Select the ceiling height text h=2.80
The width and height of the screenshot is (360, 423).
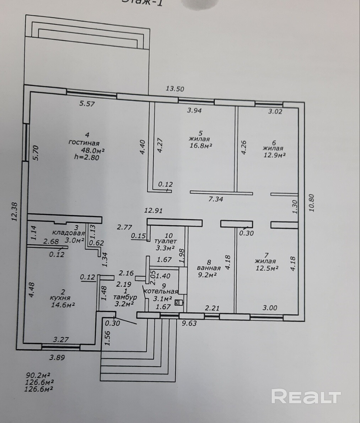coord(85,158)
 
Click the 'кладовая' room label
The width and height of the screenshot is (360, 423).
coord(69,233)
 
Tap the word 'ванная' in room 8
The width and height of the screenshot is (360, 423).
coord(209,268)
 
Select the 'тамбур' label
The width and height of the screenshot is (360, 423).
coord(124,297)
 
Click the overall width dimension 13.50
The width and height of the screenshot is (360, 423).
coord(175,89)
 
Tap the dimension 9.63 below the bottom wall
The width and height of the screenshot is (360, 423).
coord(189,323)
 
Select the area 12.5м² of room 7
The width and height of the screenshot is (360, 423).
coord(267,268)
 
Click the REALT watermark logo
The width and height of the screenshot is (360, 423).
coord(306,396)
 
